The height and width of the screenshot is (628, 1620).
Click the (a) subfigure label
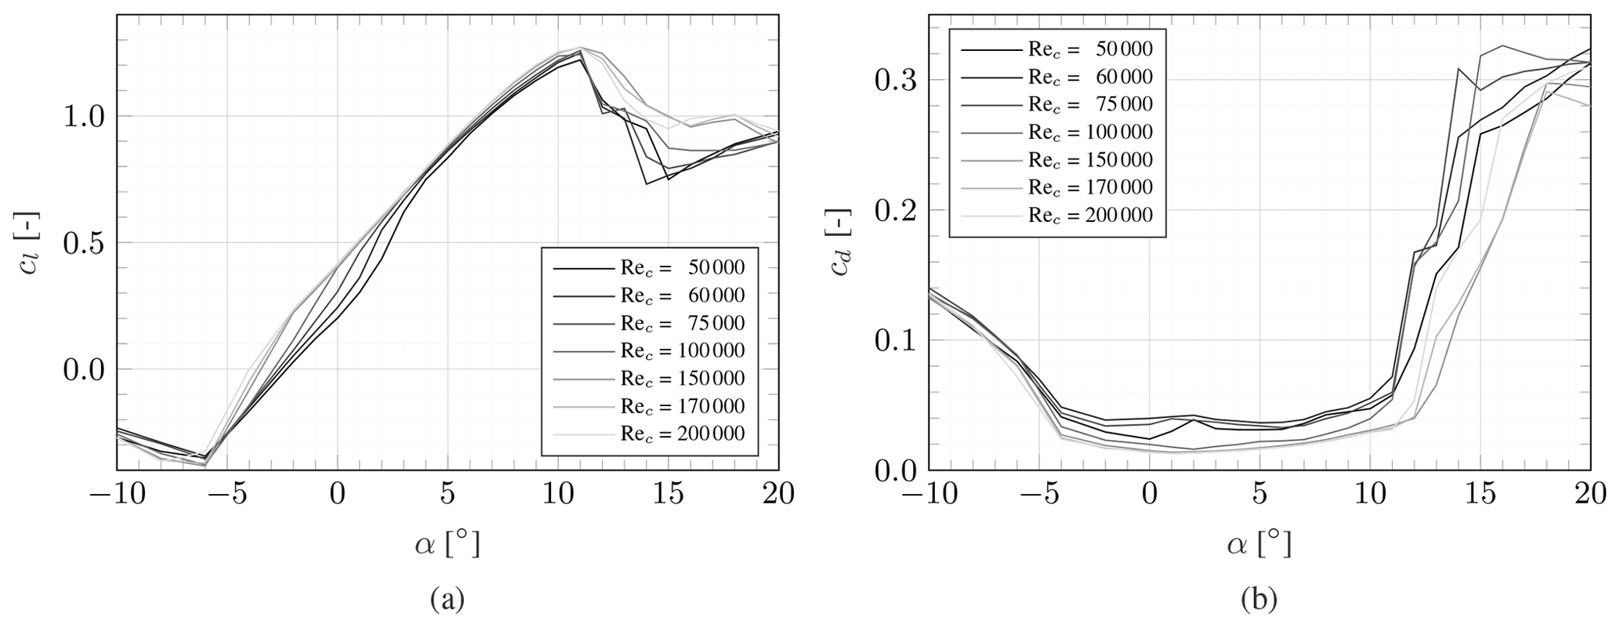(448, 600)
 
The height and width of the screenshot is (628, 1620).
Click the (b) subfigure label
(1259, 600)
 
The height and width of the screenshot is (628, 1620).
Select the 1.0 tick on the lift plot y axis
(83, 116)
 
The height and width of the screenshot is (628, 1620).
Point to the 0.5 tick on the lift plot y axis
(83, 242)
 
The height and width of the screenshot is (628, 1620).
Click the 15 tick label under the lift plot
(668, 495)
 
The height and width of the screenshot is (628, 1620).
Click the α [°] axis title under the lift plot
(448, 543)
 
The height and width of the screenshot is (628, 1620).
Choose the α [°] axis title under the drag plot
(1259, 543)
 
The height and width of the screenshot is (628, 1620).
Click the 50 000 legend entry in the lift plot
(682, 268)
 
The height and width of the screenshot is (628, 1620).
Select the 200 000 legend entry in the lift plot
(682, 434)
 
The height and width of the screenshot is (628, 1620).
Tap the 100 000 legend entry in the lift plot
(682, 350)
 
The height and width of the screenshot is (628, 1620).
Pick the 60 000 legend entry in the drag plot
(1090, 77)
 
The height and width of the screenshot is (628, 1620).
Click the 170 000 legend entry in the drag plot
(1090, 187)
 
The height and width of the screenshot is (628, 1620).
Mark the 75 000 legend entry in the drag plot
(1090, 104)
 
